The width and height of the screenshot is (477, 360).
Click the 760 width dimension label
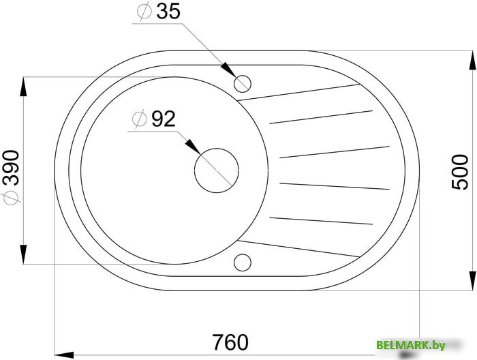[x=230, y=342]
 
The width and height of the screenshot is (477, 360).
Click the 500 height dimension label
[x=460, y=172]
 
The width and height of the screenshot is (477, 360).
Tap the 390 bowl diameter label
[x=11, y=168]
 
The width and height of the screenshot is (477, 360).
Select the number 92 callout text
[x=164, y=119]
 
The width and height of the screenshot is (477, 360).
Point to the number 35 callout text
[x=168, y=12]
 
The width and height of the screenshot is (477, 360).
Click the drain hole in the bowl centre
[x=216, y=170]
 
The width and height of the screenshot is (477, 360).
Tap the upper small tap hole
[x=243, y=83]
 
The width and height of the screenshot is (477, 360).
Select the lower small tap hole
[x=243, y=262]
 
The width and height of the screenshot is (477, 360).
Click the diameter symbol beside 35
[x=144, y=12]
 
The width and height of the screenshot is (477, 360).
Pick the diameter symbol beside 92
[x=140, y=119]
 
